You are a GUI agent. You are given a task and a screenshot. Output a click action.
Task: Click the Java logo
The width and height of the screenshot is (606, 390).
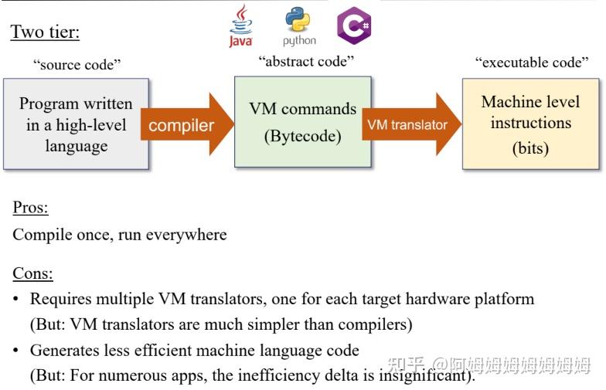[x=241, y=25]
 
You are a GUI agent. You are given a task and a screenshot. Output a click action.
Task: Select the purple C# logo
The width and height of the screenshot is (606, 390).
[x=354, y=25]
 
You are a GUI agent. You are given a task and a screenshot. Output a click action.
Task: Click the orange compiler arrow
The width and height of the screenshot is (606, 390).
[x=187, y=124]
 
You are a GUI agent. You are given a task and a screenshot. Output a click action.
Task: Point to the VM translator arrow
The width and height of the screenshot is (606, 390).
[x=412, y=124]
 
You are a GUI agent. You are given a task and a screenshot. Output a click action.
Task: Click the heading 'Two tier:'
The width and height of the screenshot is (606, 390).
[x=45, y=32]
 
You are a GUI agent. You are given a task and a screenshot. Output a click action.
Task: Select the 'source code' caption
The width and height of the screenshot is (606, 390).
[x=77, y=65]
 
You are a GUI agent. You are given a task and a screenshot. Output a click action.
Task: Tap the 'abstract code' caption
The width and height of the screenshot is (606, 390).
[x=306, y=62]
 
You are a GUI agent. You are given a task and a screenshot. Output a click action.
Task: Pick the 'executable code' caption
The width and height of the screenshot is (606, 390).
[x=532, y=62]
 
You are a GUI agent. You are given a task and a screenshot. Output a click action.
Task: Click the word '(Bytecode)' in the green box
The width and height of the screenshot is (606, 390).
[x=303, y=136]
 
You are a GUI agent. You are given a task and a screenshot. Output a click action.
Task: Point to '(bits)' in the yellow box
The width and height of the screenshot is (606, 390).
[x=530, y=148]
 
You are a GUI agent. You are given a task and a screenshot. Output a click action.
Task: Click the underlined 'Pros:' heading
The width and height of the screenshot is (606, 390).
[x=31, y=207]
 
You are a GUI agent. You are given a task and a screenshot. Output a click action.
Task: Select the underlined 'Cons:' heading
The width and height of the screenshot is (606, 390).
[x=32, y=273]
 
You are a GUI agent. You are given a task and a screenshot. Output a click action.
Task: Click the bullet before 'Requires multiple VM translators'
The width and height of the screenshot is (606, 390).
[x=15, y=299]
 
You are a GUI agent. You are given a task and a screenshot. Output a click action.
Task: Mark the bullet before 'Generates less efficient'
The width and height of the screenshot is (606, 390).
[x=15, y=351]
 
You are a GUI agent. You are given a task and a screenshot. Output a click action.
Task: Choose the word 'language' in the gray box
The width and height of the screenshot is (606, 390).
[x=77, y=146]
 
